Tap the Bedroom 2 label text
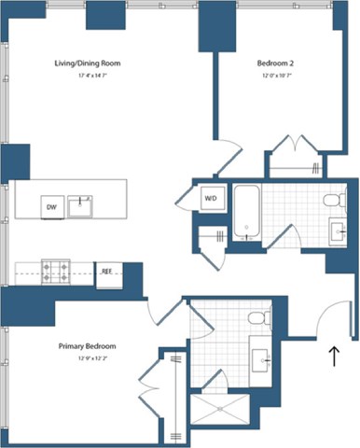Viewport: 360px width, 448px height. [275, 63]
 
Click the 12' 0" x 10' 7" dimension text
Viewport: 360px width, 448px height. [275, 75]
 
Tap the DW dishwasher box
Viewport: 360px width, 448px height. [50, 205]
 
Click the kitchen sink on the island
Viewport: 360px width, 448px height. [80, 204]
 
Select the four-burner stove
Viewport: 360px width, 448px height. [58, 273]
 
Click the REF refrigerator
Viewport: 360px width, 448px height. [107, 273]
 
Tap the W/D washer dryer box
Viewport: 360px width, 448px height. [211, 198]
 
